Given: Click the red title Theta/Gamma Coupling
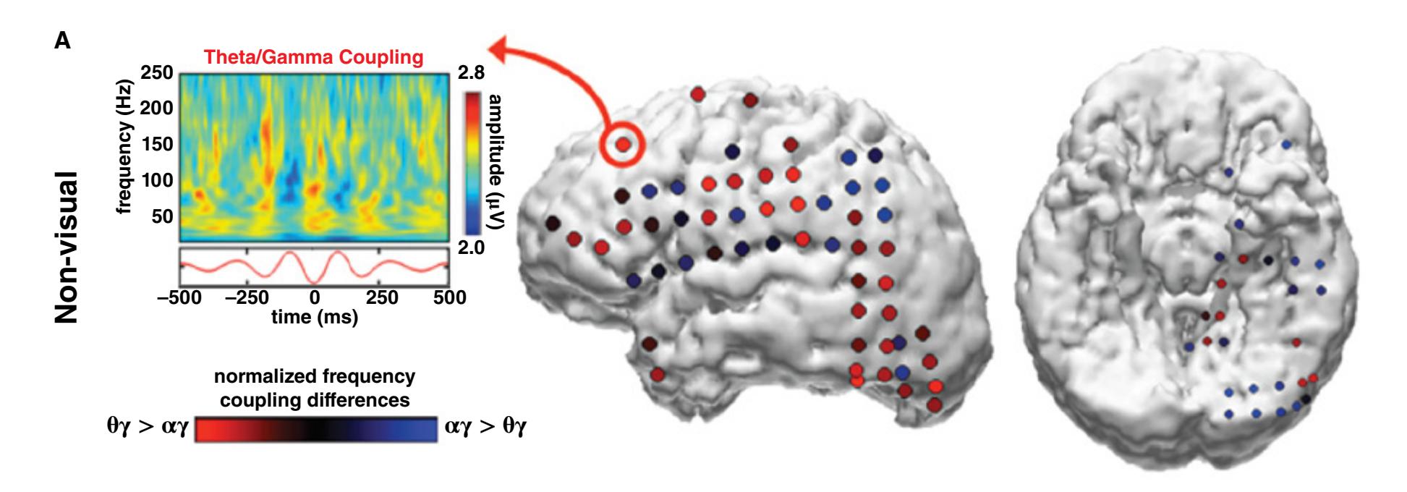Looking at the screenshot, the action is tap(313, 57).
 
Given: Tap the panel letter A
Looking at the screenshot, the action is tap(63, 41).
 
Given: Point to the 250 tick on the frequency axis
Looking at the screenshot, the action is tap(157, 73).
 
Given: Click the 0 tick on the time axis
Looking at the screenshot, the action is tap(314, 297).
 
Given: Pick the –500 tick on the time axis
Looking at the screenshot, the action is tap(179, 297).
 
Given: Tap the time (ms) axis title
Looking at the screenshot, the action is tap(313, 317).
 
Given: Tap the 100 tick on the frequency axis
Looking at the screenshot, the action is tap(157, 180).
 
